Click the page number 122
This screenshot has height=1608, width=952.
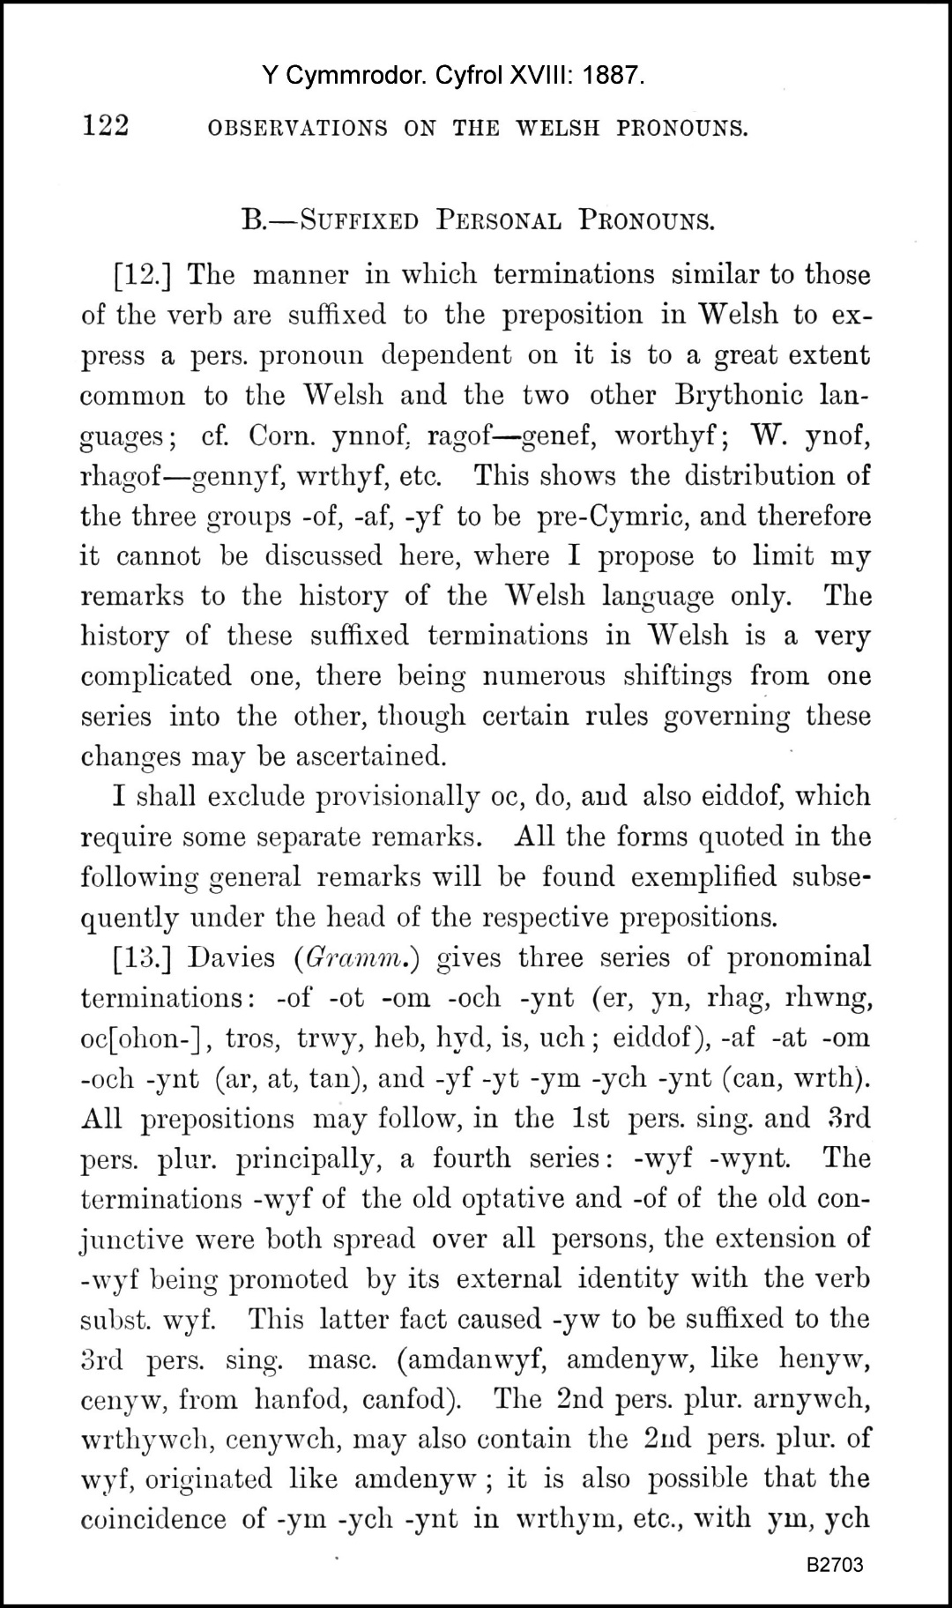pos(106,126)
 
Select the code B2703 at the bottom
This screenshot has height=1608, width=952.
pos(834,1565)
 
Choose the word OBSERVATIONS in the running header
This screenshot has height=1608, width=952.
pos(297,129)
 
